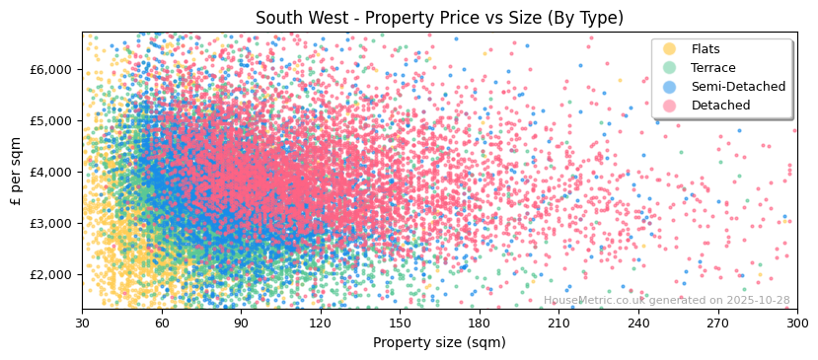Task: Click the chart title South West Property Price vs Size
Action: point(439,18)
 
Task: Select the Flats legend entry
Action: point(706,49)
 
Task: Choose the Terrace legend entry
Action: point(712,68)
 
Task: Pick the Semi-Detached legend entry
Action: point(738,87)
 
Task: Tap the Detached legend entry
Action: point(720,106)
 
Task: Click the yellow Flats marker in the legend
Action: point(670,49)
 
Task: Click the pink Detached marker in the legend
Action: point(670,106)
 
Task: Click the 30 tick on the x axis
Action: point(82,323)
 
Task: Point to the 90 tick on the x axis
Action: point(241,323)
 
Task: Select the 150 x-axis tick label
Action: point(400,323)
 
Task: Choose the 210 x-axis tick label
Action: point(558,323)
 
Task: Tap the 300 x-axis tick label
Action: point(796,323)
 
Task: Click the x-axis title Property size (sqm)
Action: point(439,342)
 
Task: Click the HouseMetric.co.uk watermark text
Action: point(666,301)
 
